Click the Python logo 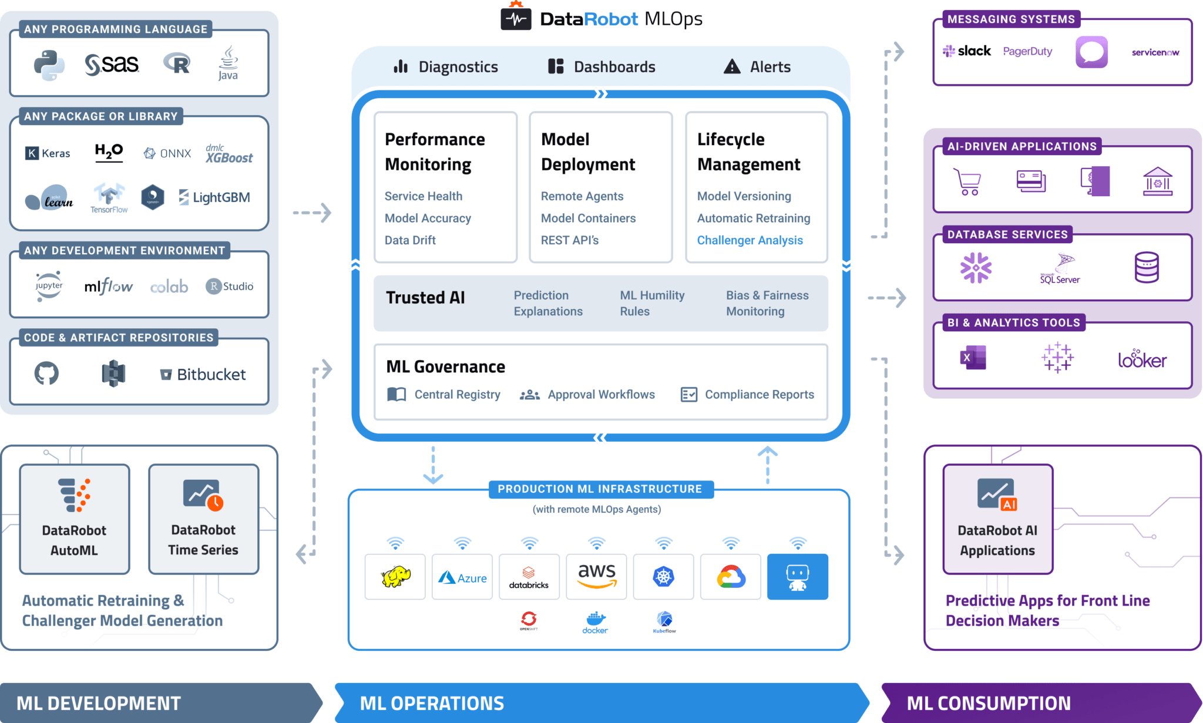(49, 65)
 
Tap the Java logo (228, 63)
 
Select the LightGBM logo (214, 197)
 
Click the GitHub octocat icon (46, 373)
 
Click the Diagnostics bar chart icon (401, 66)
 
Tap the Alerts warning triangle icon (732, 66)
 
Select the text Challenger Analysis (750, 240)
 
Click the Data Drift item (410, 240)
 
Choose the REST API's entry (569, 240)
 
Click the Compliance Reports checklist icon (688, 395)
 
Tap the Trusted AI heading (425, 298)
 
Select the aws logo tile (596, 576)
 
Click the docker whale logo (595, 622)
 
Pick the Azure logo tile (462, 577)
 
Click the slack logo (967, 51)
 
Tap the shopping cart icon (967, 181)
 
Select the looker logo (1142, 359)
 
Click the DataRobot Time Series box (203, 519)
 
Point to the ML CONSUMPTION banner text (989, 703)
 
